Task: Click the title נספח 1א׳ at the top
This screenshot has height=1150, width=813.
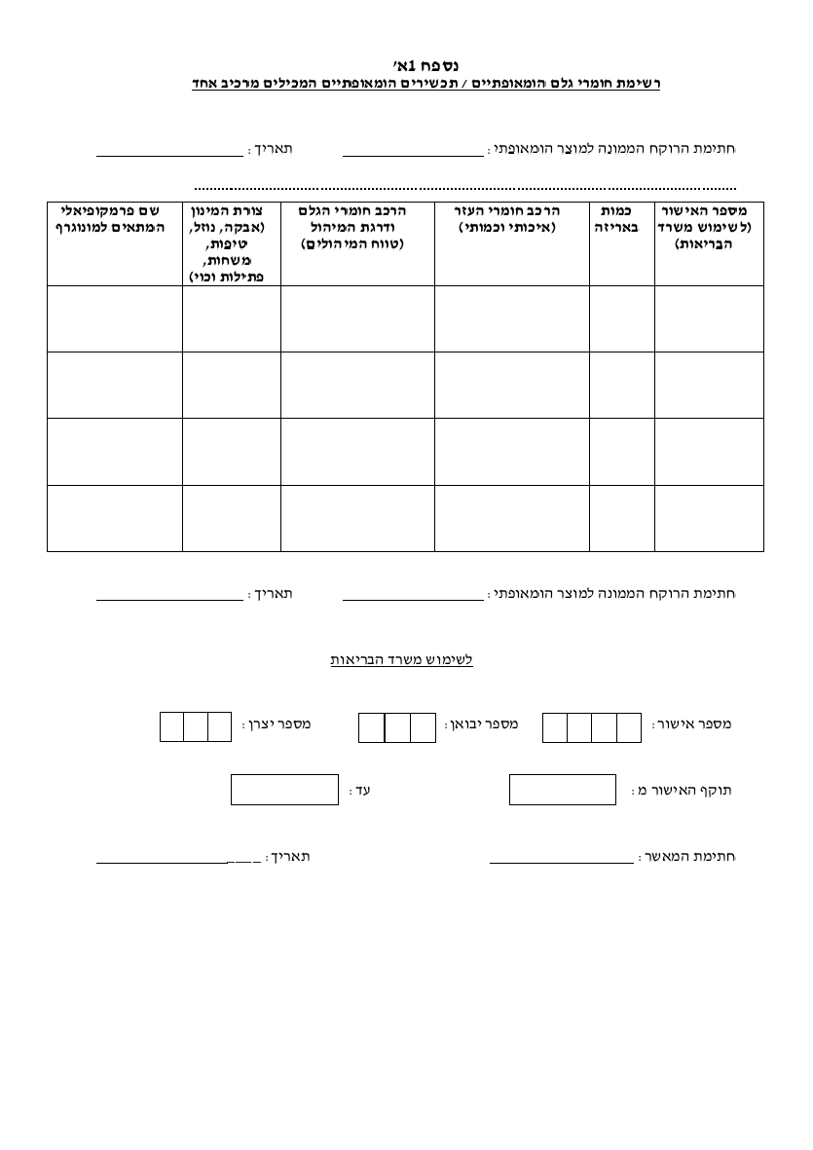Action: [405, 65]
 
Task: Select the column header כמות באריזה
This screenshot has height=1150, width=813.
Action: [621, 219]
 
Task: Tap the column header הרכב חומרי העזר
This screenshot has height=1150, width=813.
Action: [511, 219]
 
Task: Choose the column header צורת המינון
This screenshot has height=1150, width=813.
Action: [231, 242]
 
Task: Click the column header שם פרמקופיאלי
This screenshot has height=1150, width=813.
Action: [114, 219]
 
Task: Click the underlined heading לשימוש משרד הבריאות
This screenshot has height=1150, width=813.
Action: [401, 659]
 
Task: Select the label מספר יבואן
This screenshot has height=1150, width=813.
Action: [482, 724]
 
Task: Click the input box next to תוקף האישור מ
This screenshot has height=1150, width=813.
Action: [563, 790]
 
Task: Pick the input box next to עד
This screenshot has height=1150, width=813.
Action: [284, 790]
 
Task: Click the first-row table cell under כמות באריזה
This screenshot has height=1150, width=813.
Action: [621, 318]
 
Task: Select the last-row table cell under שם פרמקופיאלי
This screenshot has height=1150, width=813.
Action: [114, 517]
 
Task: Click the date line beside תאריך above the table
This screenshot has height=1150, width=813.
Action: [169, 154]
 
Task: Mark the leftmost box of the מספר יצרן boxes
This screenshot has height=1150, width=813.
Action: [172, 726]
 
